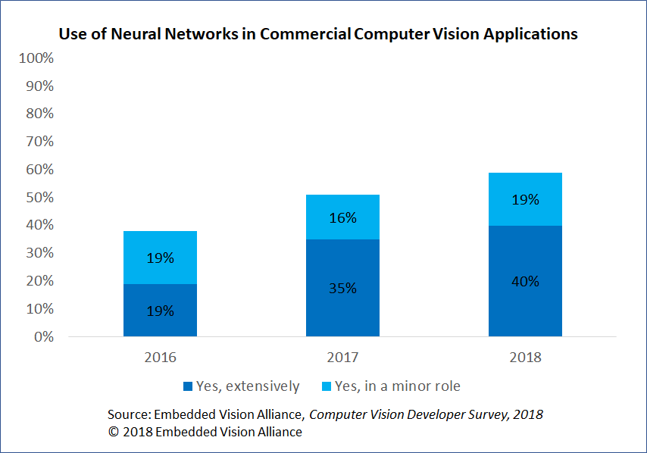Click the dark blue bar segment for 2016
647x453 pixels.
160,310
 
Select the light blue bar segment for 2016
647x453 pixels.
160,258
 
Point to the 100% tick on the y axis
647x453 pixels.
36,58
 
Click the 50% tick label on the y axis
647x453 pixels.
39,198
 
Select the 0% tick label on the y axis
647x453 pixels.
42,337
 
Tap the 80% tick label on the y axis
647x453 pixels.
39,114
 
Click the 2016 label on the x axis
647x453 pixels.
160,358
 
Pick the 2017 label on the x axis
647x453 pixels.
342,358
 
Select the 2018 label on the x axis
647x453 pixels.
525,358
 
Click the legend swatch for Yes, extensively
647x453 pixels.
188,386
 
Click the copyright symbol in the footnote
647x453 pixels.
114,432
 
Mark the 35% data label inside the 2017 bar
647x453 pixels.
342,289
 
